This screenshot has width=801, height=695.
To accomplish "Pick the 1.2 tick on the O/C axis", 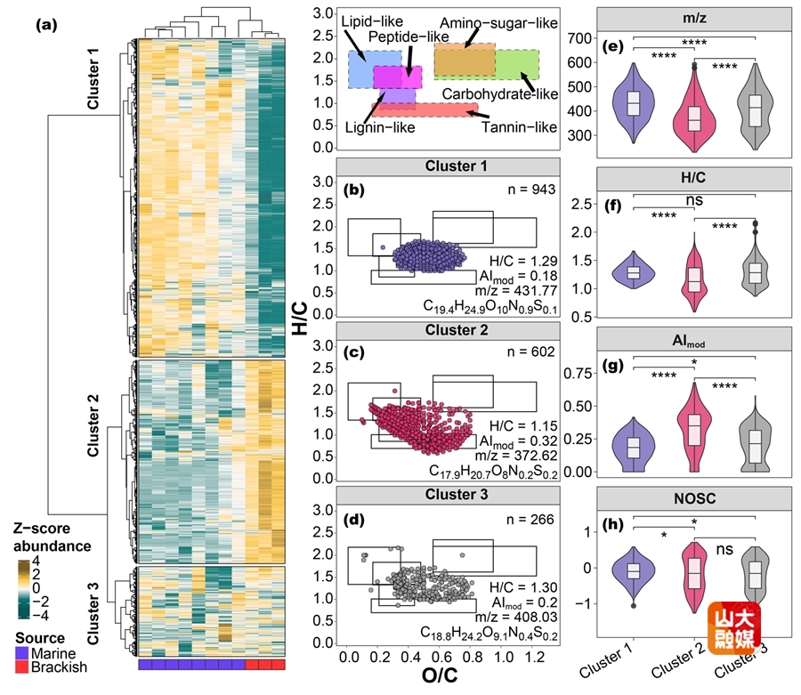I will click(x=535, y=656).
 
